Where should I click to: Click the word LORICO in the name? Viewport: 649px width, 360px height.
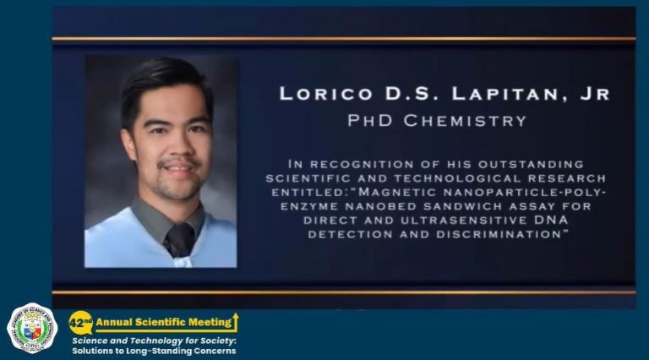326,94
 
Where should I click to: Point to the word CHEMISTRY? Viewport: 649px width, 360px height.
465,121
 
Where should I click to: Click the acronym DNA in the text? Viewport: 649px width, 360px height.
551,220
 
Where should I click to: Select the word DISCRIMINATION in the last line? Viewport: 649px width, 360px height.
499,234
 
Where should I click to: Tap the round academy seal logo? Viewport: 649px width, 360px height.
32,328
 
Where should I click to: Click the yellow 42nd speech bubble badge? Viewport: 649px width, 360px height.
81,323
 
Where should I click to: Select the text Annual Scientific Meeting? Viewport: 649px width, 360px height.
164,322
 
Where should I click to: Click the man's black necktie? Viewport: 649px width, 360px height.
180,240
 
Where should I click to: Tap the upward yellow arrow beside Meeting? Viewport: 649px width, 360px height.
235,322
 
